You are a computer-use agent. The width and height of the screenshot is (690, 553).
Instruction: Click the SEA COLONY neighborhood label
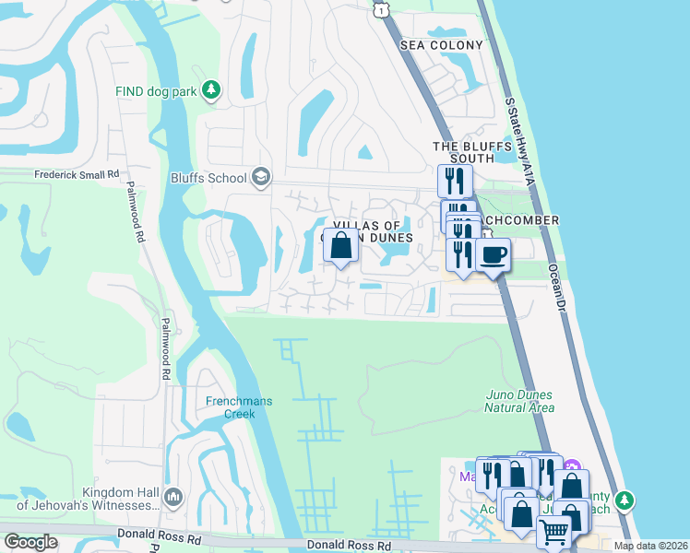point(442,45)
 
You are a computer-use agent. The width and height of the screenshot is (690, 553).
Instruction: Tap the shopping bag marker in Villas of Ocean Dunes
point(340,246)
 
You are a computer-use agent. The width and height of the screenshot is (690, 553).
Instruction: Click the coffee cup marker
point(493,255)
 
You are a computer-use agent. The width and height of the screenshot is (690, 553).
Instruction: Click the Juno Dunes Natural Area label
point(520,401)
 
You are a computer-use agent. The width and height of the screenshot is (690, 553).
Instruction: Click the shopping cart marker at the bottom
point(553,532)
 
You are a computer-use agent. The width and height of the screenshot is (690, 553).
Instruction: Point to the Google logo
point(30,542)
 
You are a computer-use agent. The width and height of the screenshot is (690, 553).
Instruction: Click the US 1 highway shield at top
point(380,9)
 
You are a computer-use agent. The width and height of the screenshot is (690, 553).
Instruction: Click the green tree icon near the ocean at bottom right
point(625,500)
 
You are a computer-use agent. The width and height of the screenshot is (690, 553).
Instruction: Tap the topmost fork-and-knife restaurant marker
point(454,179)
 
